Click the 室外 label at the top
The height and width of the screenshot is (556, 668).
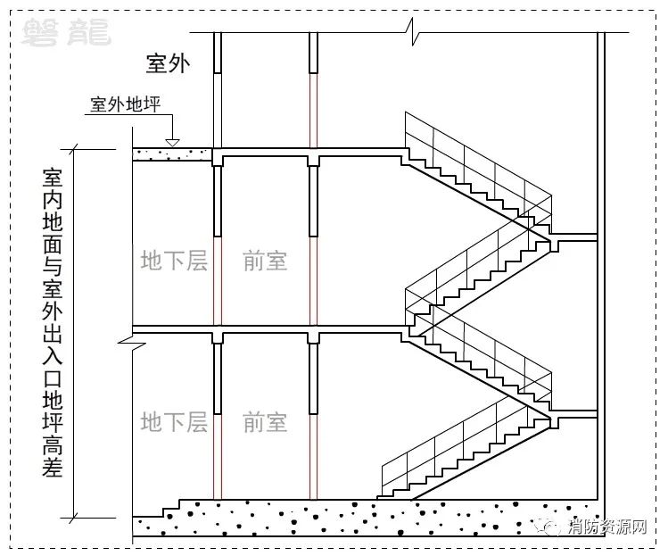tap(168, 63)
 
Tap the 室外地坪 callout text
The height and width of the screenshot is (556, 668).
tap(125, 104)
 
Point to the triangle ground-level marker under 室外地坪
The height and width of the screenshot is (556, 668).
tap(172, 143)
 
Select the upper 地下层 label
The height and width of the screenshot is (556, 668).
tap(174, 261)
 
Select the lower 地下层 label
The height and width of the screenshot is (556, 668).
tap(174, 422)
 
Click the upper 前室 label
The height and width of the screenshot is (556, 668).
tap(265, 261)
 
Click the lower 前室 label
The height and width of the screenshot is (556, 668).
tap(265, 422)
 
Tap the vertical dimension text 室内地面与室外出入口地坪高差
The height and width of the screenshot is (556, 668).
tap(53, 323)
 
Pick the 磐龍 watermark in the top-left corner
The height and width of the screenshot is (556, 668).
tap(66, 32)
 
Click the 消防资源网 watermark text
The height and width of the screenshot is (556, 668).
tap(607, 527)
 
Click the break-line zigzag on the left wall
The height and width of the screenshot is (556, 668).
tap(132, 342)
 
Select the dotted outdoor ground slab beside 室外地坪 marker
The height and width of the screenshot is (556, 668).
tap(172, 154)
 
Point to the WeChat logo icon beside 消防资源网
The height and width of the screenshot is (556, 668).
tap(550, 527)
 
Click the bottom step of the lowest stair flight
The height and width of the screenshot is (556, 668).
tap(383, 498)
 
